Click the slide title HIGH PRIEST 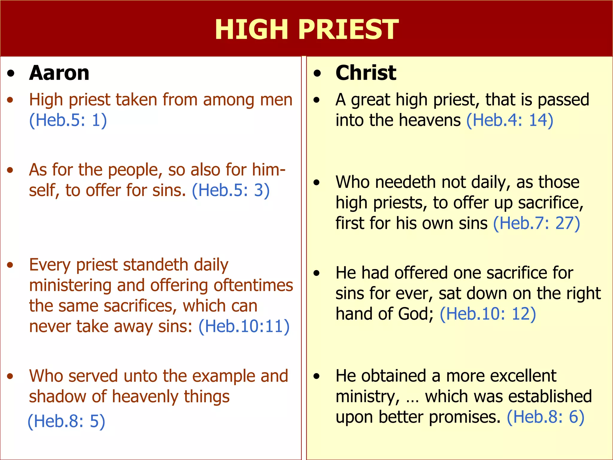click(306, 29)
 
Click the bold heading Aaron click(59, 73)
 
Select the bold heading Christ click(366, 73)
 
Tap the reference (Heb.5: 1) click(68, 120)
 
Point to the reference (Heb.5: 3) click(231, 190)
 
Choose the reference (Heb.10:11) click(244, 326)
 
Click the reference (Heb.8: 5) click(66, 421)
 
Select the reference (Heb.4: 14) click(510, 120)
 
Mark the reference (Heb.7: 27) click(536, 223)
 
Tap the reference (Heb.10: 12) click(488, 314)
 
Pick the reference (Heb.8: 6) click(545, 417)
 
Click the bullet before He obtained click(317, 376)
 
